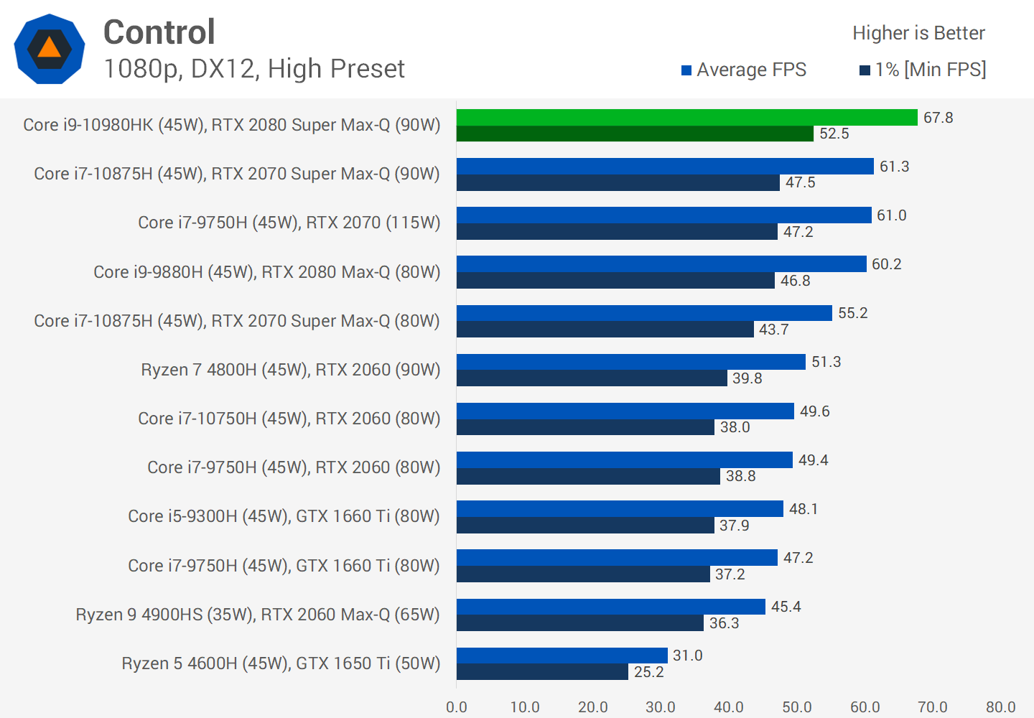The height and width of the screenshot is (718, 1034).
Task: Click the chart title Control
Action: (x=159, y=32)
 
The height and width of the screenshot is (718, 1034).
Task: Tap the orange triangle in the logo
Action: (x=49, y=48)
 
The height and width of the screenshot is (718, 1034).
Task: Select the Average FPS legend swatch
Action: (x=686, y=70)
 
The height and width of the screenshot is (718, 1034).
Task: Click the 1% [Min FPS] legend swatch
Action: (x=865, y=70)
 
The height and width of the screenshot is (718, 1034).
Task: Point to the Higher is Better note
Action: (x=918, y=33)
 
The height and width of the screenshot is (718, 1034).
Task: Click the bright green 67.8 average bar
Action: (x=686, y=117)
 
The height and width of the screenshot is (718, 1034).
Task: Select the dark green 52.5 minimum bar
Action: (x=635, y=134)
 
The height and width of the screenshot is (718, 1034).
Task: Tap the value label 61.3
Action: (x=894, y=167)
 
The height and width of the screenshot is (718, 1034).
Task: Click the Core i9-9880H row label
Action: (x=266, y=272)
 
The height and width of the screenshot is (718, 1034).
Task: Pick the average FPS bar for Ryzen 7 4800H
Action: (x=630, y=362)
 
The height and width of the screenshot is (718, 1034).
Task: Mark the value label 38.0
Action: (x=735, y=427)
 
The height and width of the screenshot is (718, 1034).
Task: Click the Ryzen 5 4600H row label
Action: (x=281, y=663)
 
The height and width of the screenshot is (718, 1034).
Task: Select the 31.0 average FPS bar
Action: (x=562, y=656)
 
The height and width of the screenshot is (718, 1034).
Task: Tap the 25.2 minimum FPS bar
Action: (x=542, y=672)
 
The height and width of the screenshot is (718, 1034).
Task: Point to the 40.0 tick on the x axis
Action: (x=729, y=707)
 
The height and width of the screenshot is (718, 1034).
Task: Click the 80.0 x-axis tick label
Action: (x=1000, y=707)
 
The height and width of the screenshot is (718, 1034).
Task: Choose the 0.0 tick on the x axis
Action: (x=457, y=707)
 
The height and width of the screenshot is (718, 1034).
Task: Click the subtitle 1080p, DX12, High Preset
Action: (x=254, y=69)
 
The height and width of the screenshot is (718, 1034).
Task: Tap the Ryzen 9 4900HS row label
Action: (x=257, y=615)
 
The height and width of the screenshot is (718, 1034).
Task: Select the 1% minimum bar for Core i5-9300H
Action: (x=585, y=526)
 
